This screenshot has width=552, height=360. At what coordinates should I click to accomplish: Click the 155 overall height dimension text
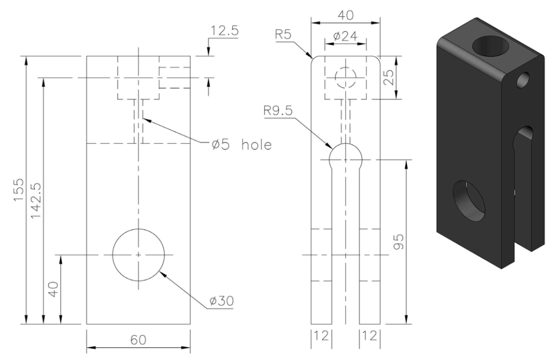click(x=19, y=189)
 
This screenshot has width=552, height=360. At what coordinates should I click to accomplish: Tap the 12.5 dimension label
click(x=224, y=32)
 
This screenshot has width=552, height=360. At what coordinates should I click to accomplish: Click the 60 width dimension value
click(x=138, y=340)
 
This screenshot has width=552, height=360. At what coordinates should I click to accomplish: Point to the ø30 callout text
click(x=221, y=301)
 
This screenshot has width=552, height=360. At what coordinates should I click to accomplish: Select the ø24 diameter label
click(x=345, y=37)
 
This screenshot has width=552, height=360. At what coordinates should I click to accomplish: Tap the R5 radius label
click(x=283, y=35)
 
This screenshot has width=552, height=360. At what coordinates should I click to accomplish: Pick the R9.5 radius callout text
click(x=282, y=110)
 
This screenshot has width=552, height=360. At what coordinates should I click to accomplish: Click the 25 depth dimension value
click(x=390, y=77)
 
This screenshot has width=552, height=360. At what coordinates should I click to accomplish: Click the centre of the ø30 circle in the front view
click(x=138, y=254)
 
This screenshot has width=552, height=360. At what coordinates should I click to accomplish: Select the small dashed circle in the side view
click(x=345, y=78)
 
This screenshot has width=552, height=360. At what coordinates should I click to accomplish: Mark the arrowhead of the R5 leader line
click(x=312, y=57)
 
